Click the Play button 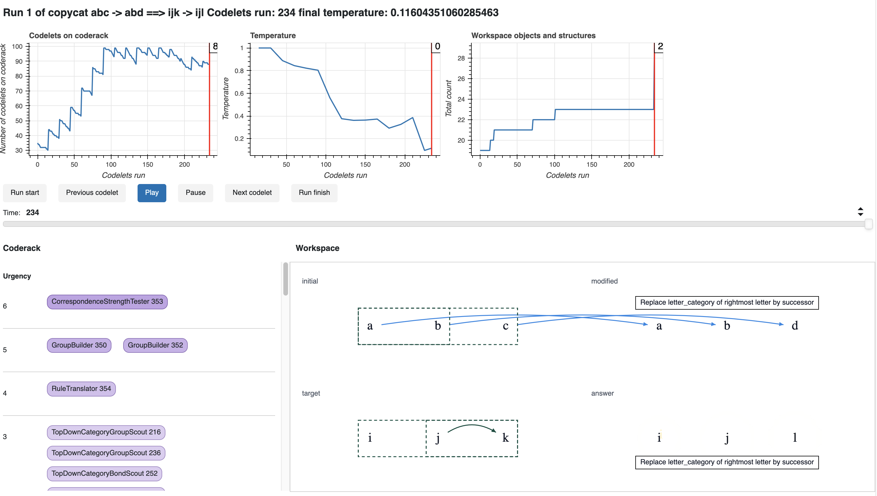[152, 193]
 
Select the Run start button [25, 193]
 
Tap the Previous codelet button [92, 193]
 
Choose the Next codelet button [252, 193]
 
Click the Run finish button [314, 193]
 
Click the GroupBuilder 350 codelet [79, 345]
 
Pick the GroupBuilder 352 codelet [155, 345]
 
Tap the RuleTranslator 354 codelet [81, 389]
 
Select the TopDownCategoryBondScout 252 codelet [104, 474]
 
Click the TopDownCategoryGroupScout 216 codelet [106, 432]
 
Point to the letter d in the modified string [795, 326]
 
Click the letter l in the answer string [795, 437]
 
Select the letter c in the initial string [506, 326]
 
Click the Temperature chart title [273, 36]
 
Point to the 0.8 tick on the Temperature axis [239, 71]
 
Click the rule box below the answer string [727, 462]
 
